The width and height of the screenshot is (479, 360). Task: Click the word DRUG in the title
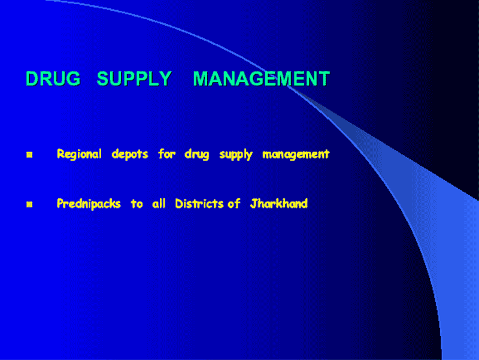(x=53, y=79)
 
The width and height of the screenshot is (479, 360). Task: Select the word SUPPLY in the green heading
(x=134, y=79)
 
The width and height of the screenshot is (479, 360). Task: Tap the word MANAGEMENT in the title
(x=262, y=79)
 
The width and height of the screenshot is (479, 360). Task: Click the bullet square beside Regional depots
(x=29, y=155)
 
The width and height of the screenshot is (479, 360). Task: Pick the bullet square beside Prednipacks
(x=29, y=204)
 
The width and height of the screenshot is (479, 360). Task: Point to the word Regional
(x=79, y=155)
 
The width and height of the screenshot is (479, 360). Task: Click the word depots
(x=130, y=155)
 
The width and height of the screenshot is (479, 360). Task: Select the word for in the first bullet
(x=167, y=154)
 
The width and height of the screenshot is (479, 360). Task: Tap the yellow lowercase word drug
(x=197, y=155)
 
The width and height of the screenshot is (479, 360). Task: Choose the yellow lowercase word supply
(x=236, y=155)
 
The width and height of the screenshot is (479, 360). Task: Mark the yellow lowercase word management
(x=296, y=155)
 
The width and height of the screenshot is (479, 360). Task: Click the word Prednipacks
(x=89, y=204)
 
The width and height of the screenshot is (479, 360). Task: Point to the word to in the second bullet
(x=137, y=204)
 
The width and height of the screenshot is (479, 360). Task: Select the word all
(x=159, y=203)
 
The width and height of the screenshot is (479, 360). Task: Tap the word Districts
(x=199, y=204)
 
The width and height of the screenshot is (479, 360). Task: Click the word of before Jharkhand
(x=234, y=204)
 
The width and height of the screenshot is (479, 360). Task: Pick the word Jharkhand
(x=279, y=204)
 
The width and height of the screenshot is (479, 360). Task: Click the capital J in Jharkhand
(x=253, y=204)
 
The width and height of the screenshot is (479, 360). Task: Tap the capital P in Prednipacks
(x=60, y=204)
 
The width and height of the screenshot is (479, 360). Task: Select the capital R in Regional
(x=60, y=154)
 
